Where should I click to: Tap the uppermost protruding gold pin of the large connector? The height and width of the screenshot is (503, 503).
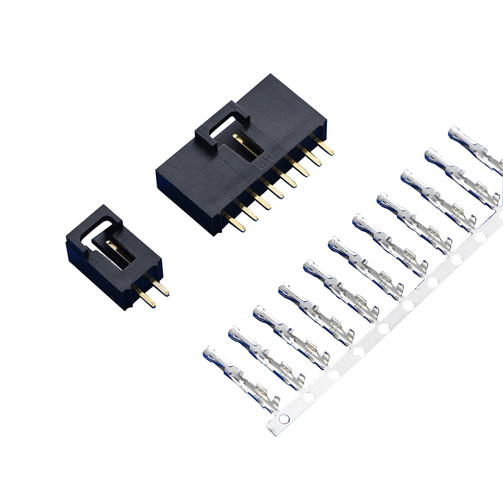point(324,148)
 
